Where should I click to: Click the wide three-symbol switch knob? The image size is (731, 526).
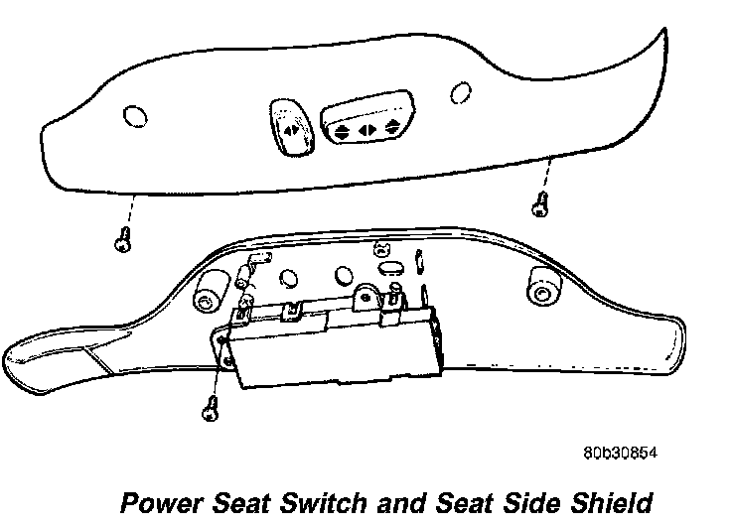365,116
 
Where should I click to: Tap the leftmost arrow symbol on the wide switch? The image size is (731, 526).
341,129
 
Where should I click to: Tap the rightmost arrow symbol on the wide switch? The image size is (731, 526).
394,126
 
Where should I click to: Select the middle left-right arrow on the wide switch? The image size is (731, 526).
366,128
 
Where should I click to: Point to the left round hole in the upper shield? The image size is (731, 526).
130,117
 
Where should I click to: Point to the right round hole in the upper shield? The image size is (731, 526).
460,92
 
